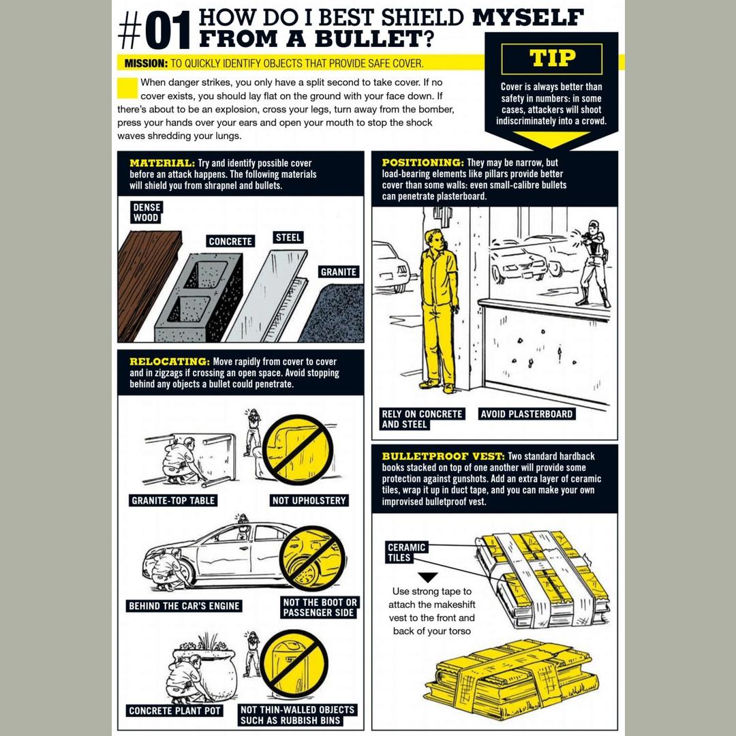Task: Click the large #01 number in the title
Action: pos(155,31)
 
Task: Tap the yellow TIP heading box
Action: pos(551,59)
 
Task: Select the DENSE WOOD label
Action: pos(147,212)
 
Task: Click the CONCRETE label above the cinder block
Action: pos(230,241)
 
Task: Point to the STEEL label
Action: pos(288,238)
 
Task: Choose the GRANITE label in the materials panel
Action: pos(339,272)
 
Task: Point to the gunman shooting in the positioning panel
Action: pos(594,263)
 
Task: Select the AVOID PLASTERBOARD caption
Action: pos(527,414)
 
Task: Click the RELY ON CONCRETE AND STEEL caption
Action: pos(423,419)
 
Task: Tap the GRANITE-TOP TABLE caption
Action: pos(172,501)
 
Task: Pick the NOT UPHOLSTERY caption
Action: pos(309,501)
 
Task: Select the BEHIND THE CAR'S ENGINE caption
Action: pos(185,606)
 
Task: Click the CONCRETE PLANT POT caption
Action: pos(174,711)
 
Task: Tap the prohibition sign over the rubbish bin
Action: pos(294,664)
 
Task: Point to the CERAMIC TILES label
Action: pos(406,553)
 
